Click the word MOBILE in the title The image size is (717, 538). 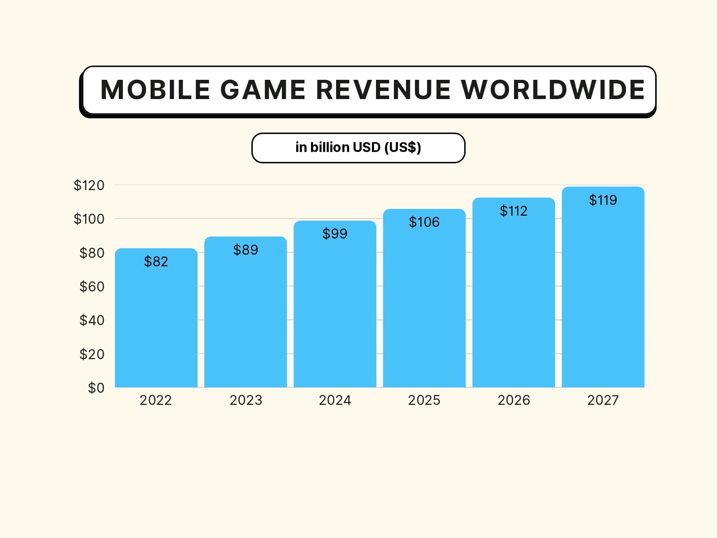click(155, 90)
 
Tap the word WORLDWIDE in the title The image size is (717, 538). click(553, 90)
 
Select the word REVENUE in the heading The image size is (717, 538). click(383, 90)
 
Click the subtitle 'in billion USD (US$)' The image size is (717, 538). click(358, 148)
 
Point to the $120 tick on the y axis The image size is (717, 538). click(89, 185)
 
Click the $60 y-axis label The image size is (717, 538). click(91, 286)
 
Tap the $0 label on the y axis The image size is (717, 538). click(96, 388)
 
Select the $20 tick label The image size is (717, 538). click(91, 354)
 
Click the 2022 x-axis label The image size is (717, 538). click(155, 400)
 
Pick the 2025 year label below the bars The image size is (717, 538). click(424, 400)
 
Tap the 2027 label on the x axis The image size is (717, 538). click(603, 400)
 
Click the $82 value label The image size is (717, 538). click(156, 261)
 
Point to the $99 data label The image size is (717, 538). click(335, 234)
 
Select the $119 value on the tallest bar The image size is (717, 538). click(603, 200)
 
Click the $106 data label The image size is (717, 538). click(424, 222)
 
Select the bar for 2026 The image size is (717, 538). click(514, 305)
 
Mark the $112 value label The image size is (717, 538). click(514, 211)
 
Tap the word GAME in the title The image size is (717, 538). click(263, 90)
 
